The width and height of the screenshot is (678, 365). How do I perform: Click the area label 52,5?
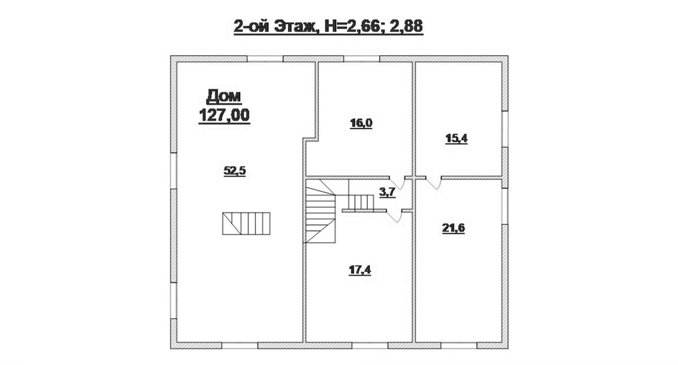[234, 171]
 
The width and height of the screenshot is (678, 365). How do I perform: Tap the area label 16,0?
[361, 123]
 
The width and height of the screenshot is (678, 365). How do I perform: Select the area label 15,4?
[457, 139]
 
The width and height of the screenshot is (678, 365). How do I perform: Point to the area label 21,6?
[453, 228]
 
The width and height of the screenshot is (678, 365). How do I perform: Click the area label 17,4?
[360, 270]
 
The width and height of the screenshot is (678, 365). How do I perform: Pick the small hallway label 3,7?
[388, 192]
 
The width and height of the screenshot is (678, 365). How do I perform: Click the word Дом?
[224, 97]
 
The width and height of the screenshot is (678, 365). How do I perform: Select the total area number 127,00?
[224, 115]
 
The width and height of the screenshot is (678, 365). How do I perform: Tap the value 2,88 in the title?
[406, 27]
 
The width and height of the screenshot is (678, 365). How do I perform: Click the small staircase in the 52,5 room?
[246, 224]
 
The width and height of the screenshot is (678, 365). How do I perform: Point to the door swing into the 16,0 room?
[397, 183]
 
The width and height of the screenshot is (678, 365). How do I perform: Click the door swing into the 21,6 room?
[433, 183]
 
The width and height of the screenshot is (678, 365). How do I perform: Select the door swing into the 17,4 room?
[394, 216]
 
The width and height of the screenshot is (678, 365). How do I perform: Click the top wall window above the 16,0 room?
[362, 59]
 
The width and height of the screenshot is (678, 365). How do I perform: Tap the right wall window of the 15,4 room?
[505, 129]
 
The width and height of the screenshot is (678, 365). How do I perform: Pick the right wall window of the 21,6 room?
[505, 207]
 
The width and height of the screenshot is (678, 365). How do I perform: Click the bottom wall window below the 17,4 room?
[370, 346]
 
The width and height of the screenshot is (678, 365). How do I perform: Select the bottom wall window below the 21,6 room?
[459, 346]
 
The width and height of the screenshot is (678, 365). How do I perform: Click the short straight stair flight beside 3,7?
[361, 202]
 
